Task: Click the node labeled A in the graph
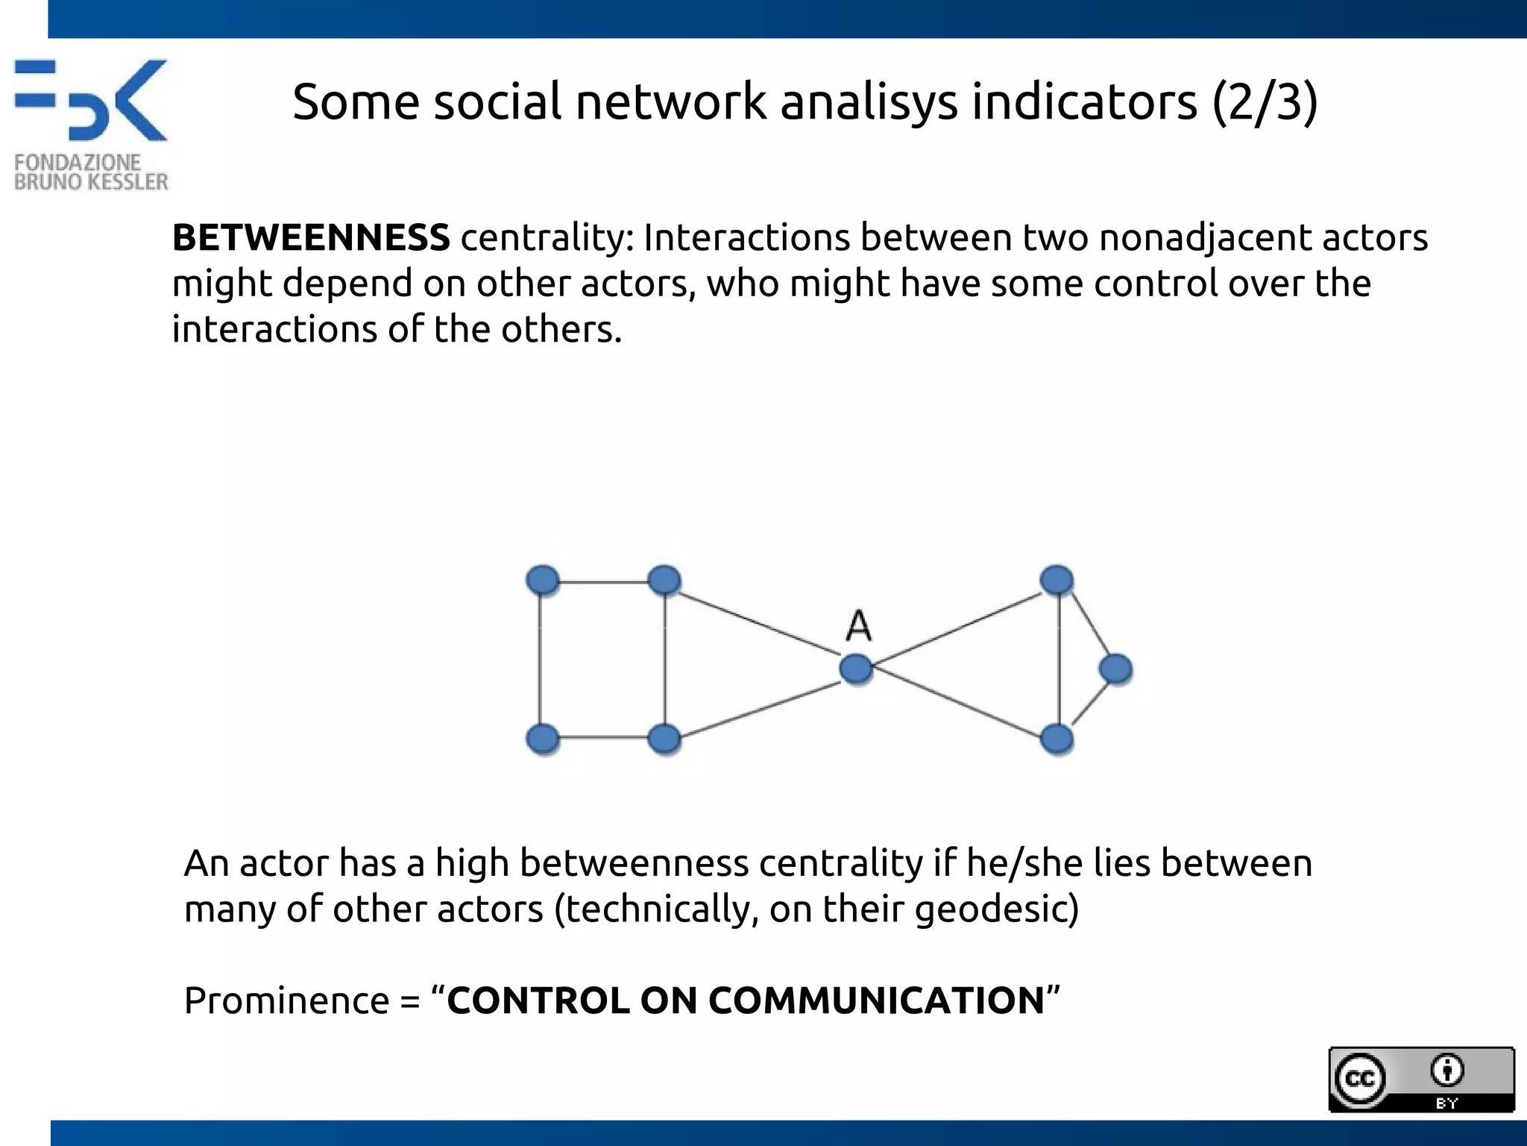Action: pos(856,668)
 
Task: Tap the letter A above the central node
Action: pos(859,625)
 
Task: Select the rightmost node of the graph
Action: pos(1115,668)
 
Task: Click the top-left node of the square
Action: pos(543,580)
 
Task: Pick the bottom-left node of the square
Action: pos(543,739)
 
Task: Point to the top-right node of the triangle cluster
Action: pos(1057,580)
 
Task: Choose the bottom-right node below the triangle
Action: pos(1057,739)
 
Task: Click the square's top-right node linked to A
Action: pos(664,580)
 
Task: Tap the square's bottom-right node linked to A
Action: pos(664,739)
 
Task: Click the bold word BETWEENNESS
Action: pos(311,238)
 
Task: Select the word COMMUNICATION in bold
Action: pos(876,1001)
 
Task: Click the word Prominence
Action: pos(286,1001)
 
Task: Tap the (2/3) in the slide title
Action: pos(1265,102)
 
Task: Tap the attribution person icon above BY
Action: pos(1447,1071)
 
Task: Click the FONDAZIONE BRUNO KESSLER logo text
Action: pos(91,172)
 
